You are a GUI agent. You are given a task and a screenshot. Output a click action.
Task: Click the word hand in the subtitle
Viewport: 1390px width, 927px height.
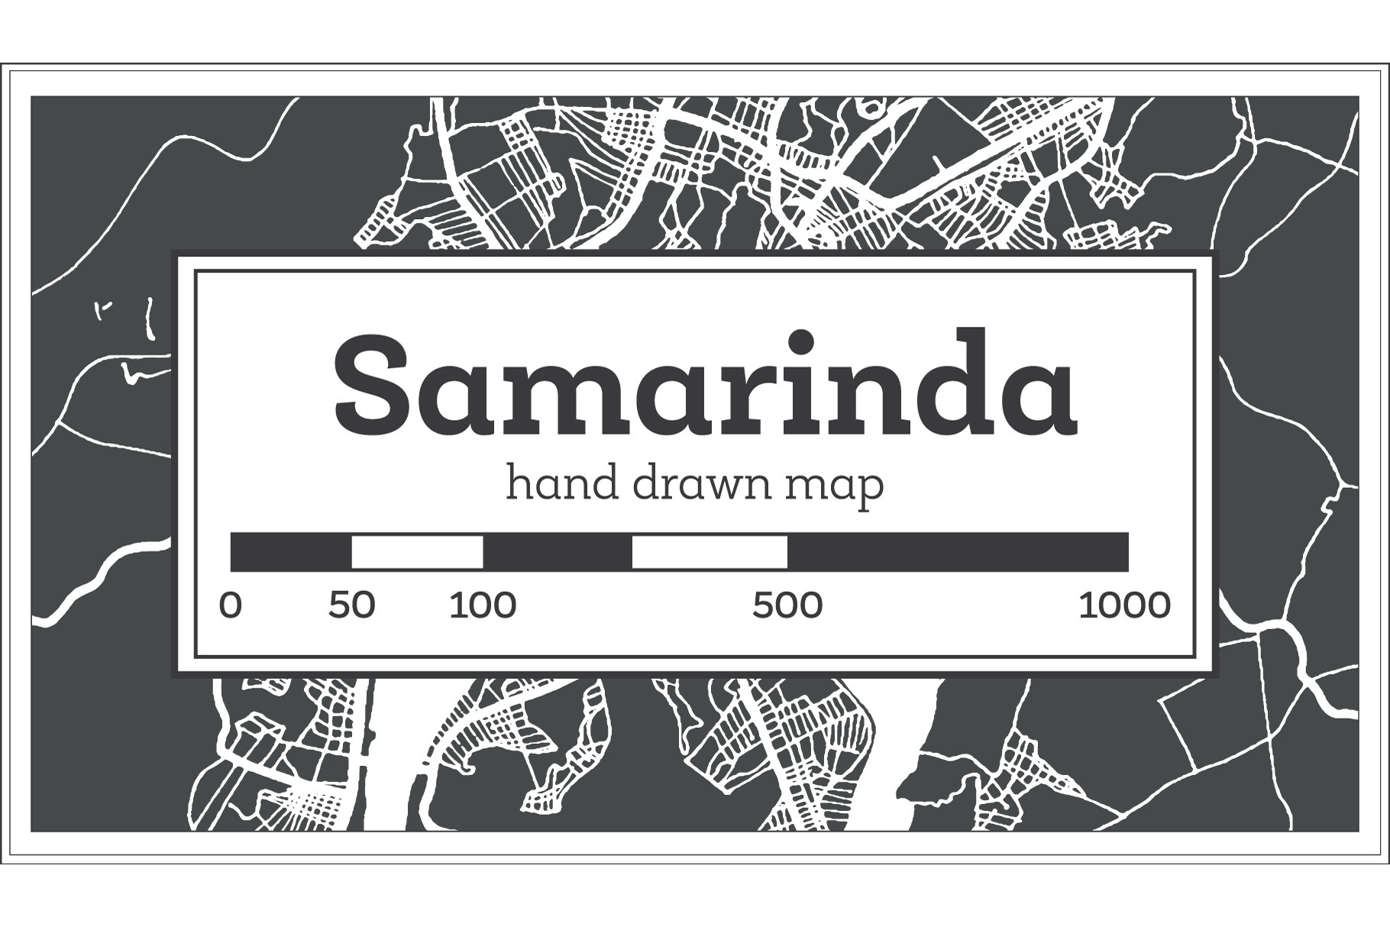point(562,484)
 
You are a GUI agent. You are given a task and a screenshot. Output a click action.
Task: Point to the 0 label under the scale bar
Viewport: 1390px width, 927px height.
point(230,606)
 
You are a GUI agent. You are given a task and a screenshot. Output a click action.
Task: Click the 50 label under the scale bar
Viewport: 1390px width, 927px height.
point(352,606)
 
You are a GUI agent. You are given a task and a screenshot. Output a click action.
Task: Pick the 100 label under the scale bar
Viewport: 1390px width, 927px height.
point(483,606)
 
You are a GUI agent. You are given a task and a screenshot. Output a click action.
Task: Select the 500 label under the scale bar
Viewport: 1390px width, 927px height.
point(787,606)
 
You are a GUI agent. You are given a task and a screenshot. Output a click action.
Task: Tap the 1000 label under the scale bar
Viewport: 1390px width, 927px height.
point(1124,606)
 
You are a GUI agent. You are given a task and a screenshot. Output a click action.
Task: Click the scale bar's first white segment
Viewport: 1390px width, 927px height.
point(417,552)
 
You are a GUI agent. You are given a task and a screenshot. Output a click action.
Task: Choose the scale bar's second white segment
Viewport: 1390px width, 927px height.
point(710,552)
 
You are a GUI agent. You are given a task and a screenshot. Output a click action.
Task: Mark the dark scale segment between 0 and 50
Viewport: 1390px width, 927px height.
point(291,552)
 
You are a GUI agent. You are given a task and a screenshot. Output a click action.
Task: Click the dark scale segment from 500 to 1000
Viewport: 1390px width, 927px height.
point(958,552)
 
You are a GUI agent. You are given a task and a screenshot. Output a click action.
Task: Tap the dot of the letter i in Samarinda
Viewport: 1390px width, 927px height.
point(803,340)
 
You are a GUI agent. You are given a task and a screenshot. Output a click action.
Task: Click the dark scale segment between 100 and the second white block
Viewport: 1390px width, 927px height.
point(558,552)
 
